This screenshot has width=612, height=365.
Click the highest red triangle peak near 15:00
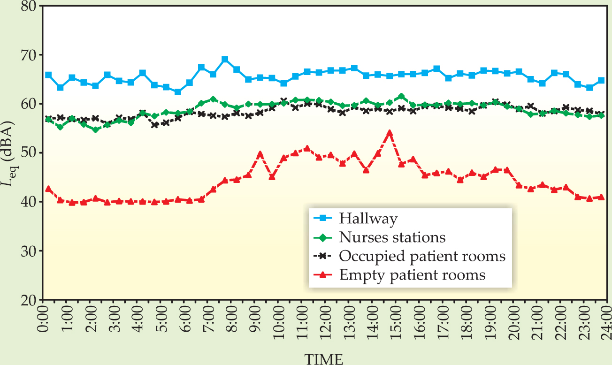coord(389,133)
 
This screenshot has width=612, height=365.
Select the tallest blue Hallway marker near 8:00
coord(225,60)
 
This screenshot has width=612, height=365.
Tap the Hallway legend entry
coord(368,218)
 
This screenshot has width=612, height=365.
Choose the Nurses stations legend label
coord(392,237)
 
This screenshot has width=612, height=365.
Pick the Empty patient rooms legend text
coord(412,275)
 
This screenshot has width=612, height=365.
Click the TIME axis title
coord(324,359)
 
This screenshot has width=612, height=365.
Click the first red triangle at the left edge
coord(48,189)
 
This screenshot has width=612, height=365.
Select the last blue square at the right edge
coord(601,81)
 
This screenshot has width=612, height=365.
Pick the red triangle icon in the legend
coord(323,275)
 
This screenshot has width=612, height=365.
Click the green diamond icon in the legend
coord(323,237)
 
